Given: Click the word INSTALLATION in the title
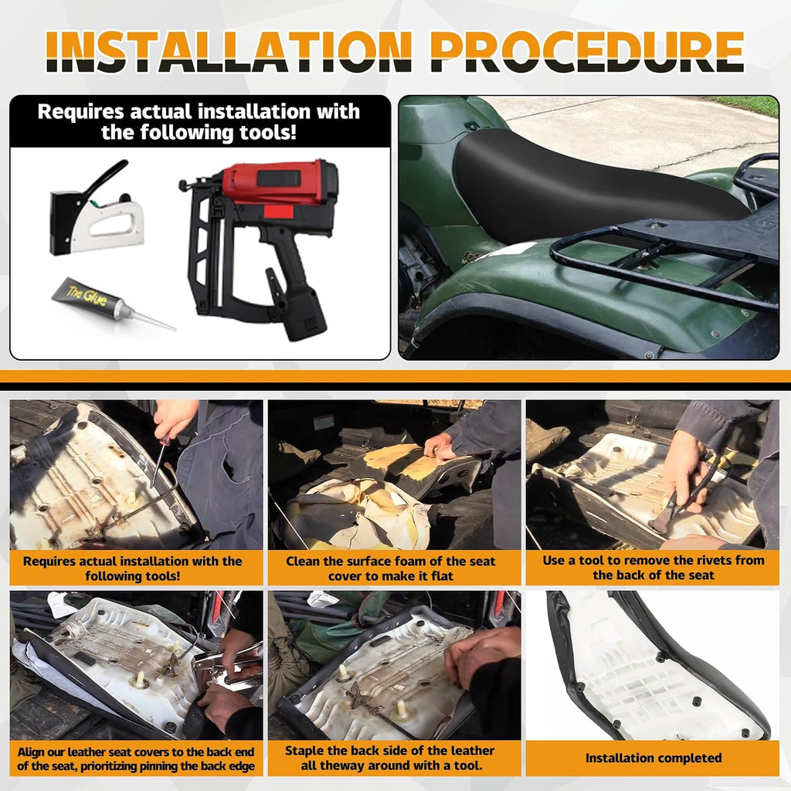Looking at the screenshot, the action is [229, 52].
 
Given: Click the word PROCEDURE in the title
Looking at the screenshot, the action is [587, 52].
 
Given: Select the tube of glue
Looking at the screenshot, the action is [113, 304].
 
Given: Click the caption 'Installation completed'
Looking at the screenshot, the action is [654, 758].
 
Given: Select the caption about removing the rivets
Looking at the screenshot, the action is [654, 568].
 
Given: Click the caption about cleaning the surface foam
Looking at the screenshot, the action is [390, 569].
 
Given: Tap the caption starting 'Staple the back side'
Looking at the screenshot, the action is [390, 758].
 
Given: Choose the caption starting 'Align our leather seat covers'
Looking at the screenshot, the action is [136, 759].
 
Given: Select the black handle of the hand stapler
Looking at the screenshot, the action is [107, 177].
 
